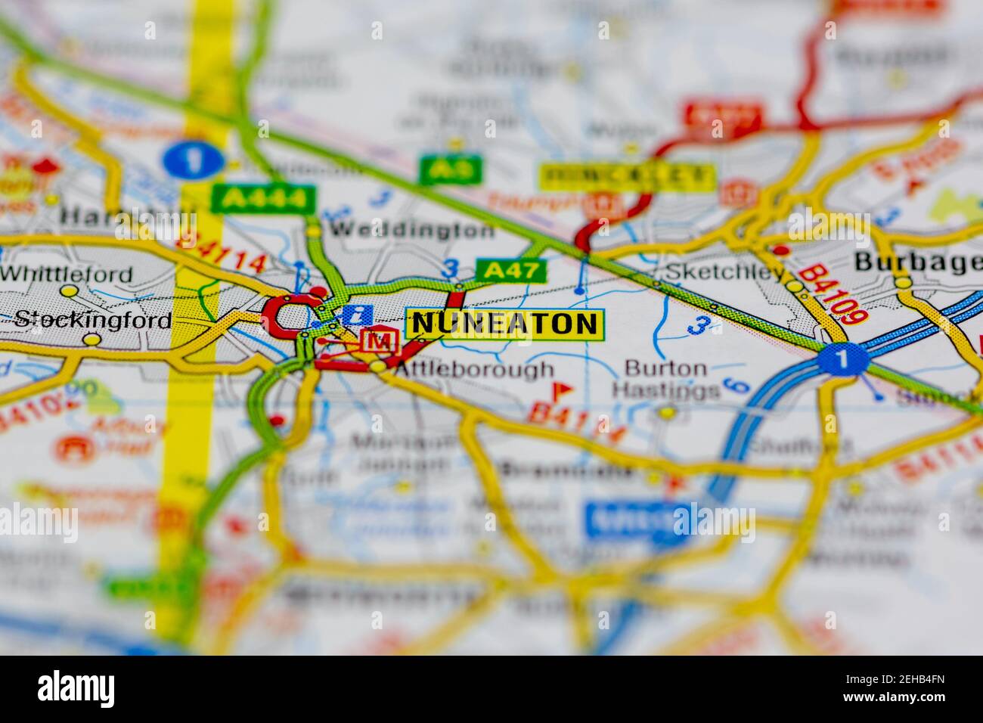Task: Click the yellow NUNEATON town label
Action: [504, 324]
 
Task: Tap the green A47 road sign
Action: [510, 270]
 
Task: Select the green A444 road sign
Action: [263, 199]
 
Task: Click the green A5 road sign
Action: [451, 169]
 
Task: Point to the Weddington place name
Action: [412, 230]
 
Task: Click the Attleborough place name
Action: [474, 370]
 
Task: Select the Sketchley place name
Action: [724, 272]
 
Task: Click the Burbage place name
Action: [918, 262]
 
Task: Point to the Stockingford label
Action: [93, 319]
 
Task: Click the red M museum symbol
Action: [380, 341]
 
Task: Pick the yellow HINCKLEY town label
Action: [627, 177]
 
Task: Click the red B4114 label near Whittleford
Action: [220, 253]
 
